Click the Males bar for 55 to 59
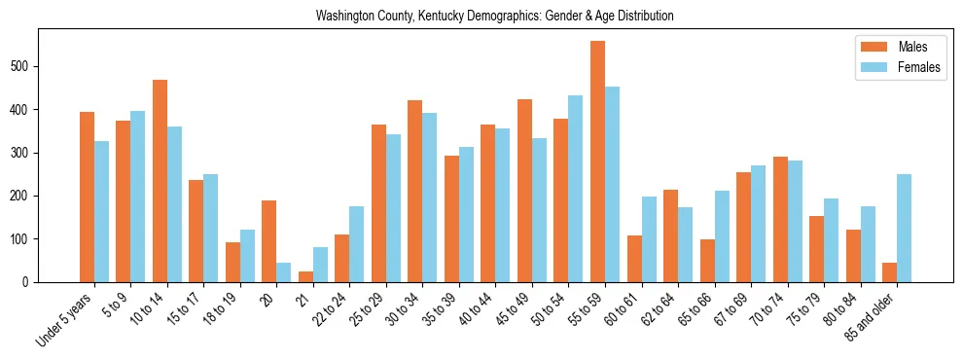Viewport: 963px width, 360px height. point(597,162)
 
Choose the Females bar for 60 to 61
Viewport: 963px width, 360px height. point(649,239)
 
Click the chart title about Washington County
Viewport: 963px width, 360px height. point(494,17)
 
